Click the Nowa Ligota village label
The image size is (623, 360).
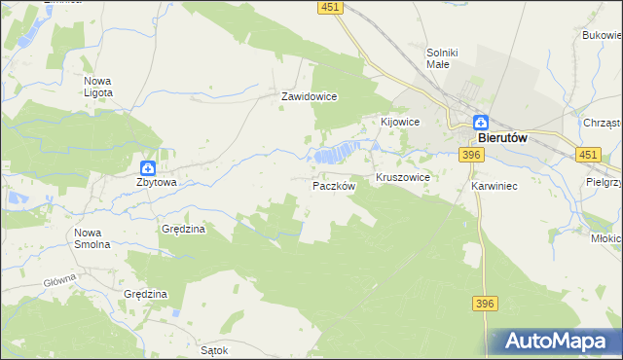pyautogui.click(x=98, y=86)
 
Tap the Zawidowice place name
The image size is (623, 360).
pyautogui.click(x=309, y=97)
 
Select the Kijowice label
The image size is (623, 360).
pyautogui.click(x=399, y=122)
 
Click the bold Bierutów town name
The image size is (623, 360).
pyautogui.click(x=503, y=138)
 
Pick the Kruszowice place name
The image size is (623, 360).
pyautogui.click(x=403, y=179)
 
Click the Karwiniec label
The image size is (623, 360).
pyautogui.click(x=493, y=185)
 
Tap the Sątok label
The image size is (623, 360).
pyautogui.click(x=213, y=350)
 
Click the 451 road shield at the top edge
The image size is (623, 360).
pyautogui.click(x=330, y=7)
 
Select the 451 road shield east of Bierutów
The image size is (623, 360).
pyautogui.click(x=588, y=155)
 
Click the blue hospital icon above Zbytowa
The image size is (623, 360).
pyautogui.click(x=147, y=167)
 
